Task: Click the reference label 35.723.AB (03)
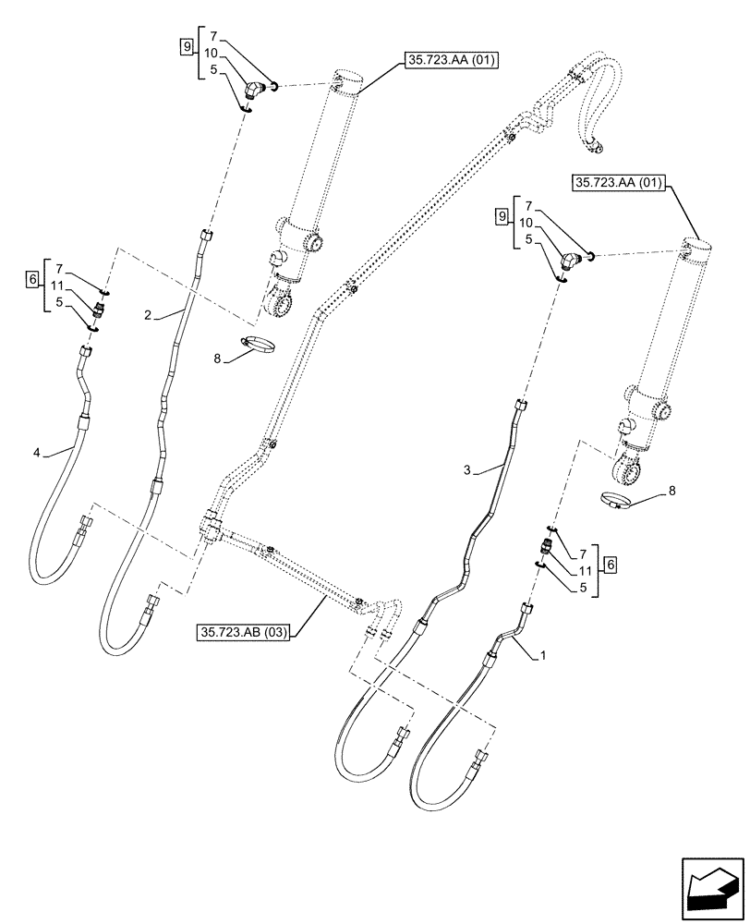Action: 243,633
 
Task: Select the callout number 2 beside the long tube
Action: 147,316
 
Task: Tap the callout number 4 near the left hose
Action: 37,452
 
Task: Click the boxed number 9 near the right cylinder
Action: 502,217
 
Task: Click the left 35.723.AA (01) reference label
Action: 450,63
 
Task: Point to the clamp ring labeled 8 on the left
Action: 256,346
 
